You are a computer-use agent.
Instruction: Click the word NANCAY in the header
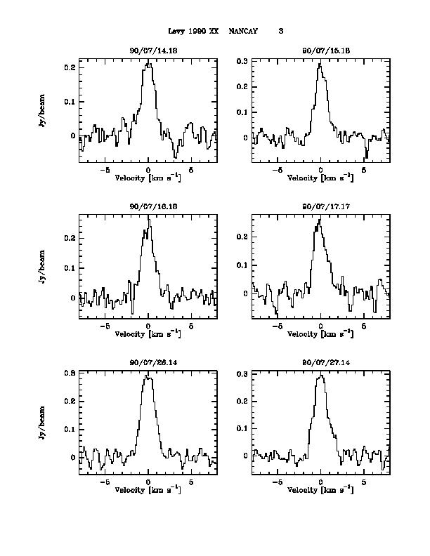pyautogui.click(x=244, y=32)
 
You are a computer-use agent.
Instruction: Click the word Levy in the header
pyautogui.click(x=177, y=32)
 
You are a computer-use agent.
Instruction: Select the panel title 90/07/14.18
pyautogui.click(x=148, y=51)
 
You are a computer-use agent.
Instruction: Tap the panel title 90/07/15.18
pyautogui.click(x=320, y=51)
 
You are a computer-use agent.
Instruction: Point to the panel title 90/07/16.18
pyautogui.click(x=148, y=206)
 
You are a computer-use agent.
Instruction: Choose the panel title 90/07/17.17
pyautogui.click(x=320, y=206)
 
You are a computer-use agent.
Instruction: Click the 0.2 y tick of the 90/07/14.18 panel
pyautogui.click(x=70, y=68)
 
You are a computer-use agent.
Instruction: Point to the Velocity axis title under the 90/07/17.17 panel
pyautogui.click(x=320, y=333)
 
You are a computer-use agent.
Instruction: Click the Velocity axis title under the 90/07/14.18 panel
pyautogui.click(x=148, y=178)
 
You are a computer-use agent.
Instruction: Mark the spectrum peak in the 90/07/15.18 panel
pyautogui.click(x=319, y=64)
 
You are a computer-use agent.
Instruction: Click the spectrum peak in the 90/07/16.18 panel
pyautogui.click(x=149, y=216)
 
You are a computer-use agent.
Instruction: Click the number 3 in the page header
pyautogui.click(x=281, y=32)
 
